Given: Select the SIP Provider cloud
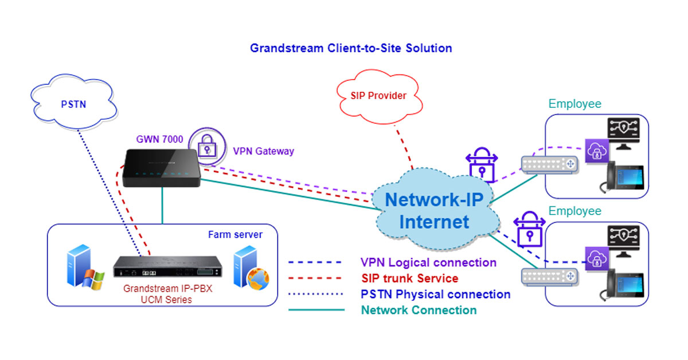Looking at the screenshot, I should [x=378, y=95].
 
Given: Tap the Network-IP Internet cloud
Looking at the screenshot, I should [x=434, y=210].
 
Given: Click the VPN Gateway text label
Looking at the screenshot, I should [x=263, y=151].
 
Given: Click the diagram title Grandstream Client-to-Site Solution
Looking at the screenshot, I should [x=351, y=48].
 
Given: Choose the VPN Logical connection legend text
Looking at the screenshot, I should [x=428, y=263].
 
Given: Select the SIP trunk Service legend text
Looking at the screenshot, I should [x=409, y=279].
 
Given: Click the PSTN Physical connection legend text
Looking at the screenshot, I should [x=435, y=294].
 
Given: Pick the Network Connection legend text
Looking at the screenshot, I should [x=419, y=310].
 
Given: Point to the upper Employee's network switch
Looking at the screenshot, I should [x=550, y=165].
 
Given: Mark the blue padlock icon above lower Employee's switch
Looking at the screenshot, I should [x=527, y=229].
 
